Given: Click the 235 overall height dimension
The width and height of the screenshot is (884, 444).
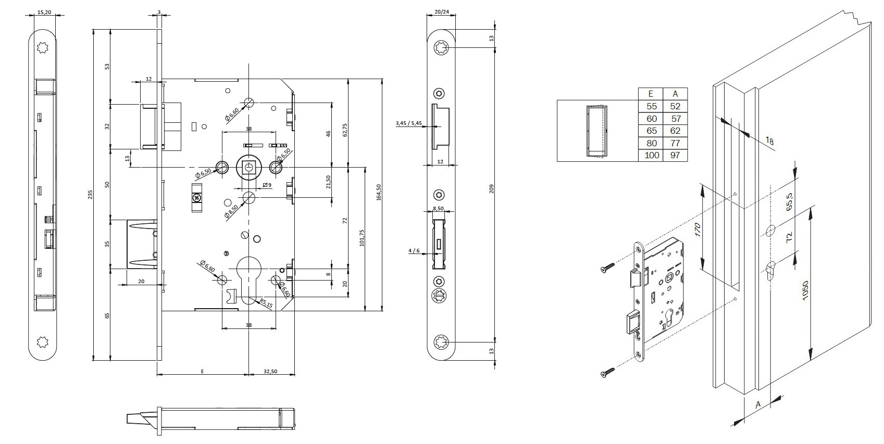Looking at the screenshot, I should click(90, 195).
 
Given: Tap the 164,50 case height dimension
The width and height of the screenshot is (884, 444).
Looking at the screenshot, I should click(379, 192).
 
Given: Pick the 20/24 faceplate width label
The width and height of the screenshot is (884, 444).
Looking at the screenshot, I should click(441, 11).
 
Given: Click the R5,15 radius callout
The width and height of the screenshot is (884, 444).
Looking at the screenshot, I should click(266, 303).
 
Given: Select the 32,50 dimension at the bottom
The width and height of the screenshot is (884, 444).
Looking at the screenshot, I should click(270, 371).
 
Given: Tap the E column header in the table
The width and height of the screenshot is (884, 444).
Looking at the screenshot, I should click(651, 94).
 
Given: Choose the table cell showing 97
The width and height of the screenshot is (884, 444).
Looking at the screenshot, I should click(675, 155).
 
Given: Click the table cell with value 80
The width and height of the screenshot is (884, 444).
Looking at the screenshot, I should click(651, 143).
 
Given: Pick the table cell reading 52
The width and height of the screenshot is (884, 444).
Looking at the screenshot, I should click(675, 106).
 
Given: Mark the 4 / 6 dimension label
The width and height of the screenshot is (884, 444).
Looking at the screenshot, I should click(414, 251).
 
